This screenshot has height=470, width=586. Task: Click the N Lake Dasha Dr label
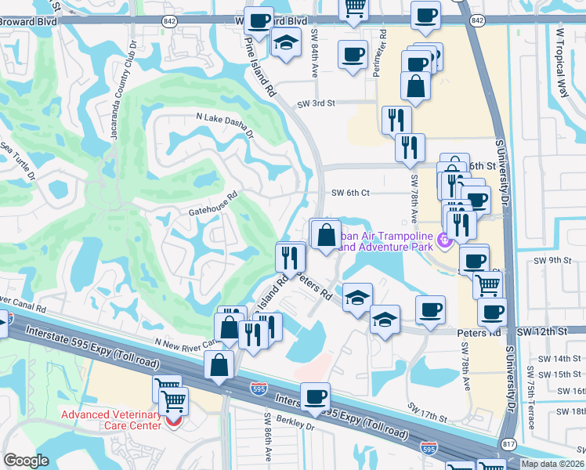[225, 125]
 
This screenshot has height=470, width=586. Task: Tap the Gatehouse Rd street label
[212, 206]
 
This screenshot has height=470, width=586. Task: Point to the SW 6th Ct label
[349, 193]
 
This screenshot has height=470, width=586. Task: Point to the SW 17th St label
[427, 409]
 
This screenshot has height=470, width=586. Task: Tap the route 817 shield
[508, 443]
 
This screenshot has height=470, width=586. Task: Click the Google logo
[26, 461]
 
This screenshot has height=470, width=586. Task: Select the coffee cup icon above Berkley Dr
[315, 397]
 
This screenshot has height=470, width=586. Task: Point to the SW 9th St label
[548, 260]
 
